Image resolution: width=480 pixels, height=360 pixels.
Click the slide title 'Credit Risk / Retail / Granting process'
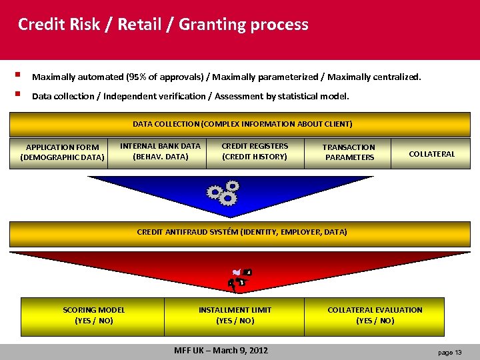(163, 25)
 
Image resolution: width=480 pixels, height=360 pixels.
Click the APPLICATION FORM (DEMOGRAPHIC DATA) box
(62, 153)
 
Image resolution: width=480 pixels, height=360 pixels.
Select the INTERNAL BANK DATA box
(160, 151)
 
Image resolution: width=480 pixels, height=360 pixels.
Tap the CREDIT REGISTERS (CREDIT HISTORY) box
(254, 151)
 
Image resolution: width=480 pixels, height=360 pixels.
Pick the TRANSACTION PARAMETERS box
(349, 153)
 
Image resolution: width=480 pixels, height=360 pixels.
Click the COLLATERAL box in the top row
(431, 154)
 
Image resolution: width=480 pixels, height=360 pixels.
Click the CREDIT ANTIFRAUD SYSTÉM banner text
(241, 232)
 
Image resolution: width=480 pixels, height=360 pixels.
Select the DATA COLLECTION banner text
(242, 124)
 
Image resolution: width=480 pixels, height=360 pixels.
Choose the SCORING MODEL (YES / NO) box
(93, 315)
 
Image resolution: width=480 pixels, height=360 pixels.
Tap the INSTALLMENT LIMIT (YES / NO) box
(235, 315)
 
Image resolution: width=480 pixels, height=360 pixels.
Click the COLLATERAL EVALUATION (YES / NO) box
(375, 315)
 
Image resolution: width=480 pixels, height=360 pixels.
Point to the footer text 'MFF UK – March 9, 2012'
(221, 350)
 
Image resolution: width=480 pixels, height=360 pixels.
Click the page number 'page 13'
(449, 351)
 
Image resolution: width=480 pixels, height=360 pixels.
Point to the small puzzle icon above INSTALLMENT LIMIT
(239, 278)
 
